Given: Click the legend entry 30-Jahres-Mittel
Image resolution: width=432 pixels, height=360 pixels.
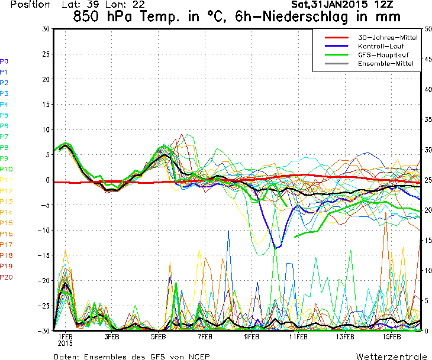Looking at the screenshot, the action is pyautogui.click(x=388, y=37).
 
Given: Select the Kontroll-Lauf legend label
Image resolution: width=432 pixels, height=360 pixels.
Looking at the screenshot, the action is pyautogui.click(x=381, y=46).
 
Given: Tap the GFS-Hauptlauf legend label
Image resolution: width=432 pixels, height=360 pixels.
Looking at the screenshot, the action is pyautogui.click(x=383, y=55).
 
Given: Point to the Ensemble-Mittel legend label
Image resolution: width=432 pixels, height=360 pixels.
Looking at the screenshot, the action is pyautogui.click(x=386, y=64).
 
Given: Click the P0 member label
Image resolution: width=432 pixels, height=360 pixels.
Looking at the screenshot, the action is pyautogui.click(x=4, y=61).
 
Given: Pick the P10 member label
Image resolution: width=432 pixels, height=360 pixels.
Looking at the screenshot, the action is pyautogui.click(x=7, y=169).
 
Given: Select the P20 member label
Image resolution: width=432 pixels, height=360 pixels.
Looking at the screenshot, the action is pyautogui.click(x=7, y=277).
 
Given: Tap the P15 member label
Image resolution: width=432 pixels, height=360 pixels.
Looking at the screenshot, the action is pyautogui.click(x=7, y=223).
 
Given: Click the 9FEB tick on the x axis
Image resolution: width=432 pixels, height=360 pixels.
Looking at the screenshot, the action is pyautogui.click(x=252, y=337).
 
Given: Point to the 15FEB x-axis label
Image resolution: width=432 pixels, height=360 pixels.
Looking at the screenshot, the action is pyautogui.click(x=392, y=337).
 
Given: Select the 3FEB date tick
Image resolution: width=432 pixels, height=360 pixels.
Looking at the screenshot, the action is pyautogui.click(x=112, y=337).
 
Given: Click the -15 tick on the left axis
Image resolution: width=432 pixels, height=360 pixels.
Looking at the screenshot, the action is pyautogui.click(x=44, y=255).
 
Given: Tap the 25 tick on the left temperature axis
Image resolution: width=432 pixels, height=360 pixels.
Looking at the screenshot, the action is pyautogui.click(x=46, y=54).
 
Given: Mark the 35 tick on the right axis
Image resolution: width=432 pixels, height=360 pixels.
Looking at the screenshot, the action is pyautogui.click(x=428, y=119).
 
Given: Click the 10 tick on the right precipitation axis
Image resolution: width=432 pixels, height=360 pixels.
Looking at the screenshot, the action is pyautogui.click(x=428, y=271).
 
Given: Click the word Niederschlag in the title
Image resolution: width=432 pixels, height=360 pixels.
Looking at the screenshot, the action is pyautogui.click(x=305, y=17).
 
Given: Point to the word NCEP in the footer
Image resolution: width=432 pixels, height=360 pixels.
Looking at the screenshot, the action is pyautogui.click(x=199, y=356).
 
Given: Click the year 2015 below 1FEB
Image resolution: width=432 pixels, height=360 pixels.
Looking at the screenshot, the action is pyautogui.click(x=65, y=343).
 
